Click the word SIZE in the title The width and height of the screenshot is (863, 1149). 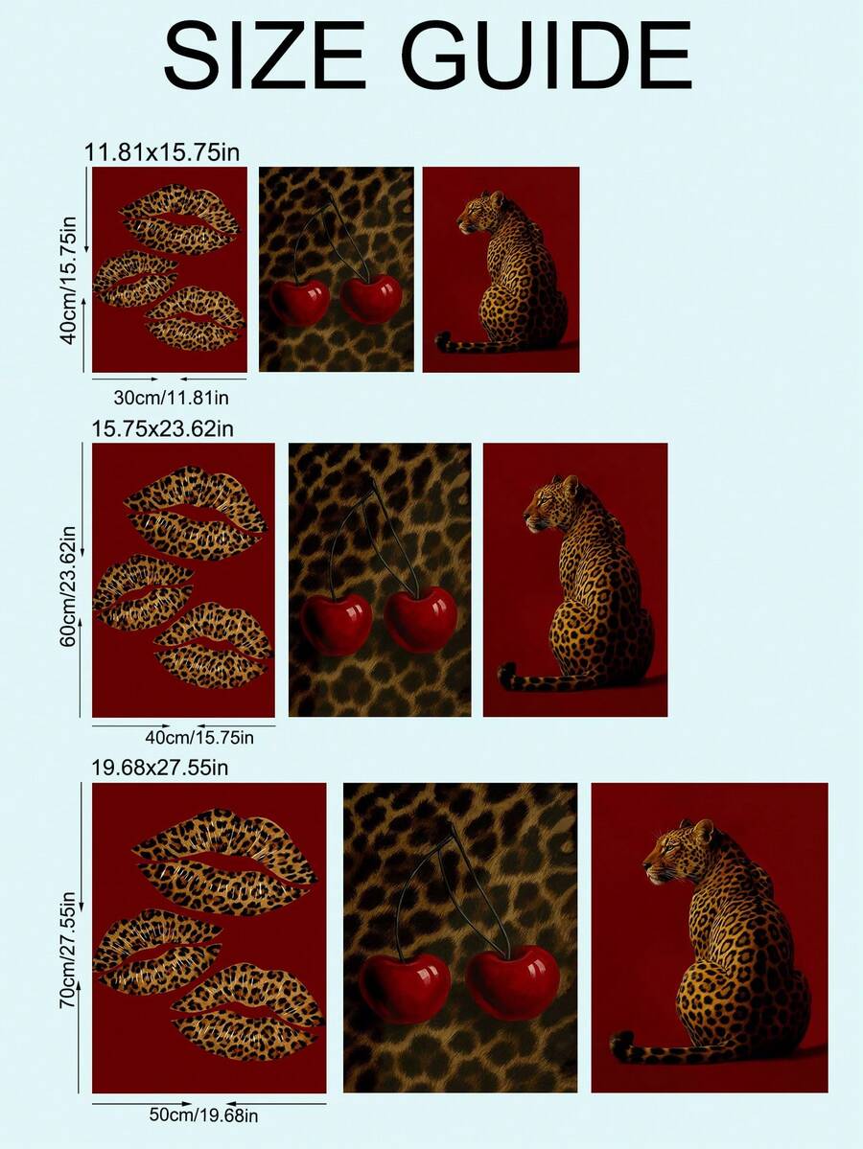point(264,56)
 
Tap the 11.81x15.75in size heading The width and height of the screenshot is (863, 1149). point(162,151)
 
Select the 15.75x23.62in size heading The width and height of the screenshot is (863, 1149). point(163,428)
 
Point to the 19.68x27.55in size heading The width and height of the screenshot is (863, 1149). point(160,768)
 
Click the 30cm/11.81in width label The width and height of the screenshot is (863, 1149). point(171,397)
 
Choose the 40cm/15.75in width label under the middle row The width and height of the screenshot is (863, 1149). point(199,737)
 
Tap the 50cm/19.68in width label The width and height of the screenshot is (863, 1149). point(204,1115)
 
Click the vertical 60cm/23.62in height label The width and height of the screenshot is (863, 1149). point(68,586)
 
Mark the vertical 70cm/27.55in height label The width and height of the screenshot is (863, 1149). point(67,950)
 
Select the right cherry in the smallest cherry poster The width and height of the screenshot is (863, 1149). point(371,298)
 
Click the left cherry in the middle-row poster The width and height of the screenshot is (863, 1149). point(337,623)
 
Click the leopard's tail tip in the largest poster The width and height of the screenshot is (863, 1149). point(622,1045)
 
